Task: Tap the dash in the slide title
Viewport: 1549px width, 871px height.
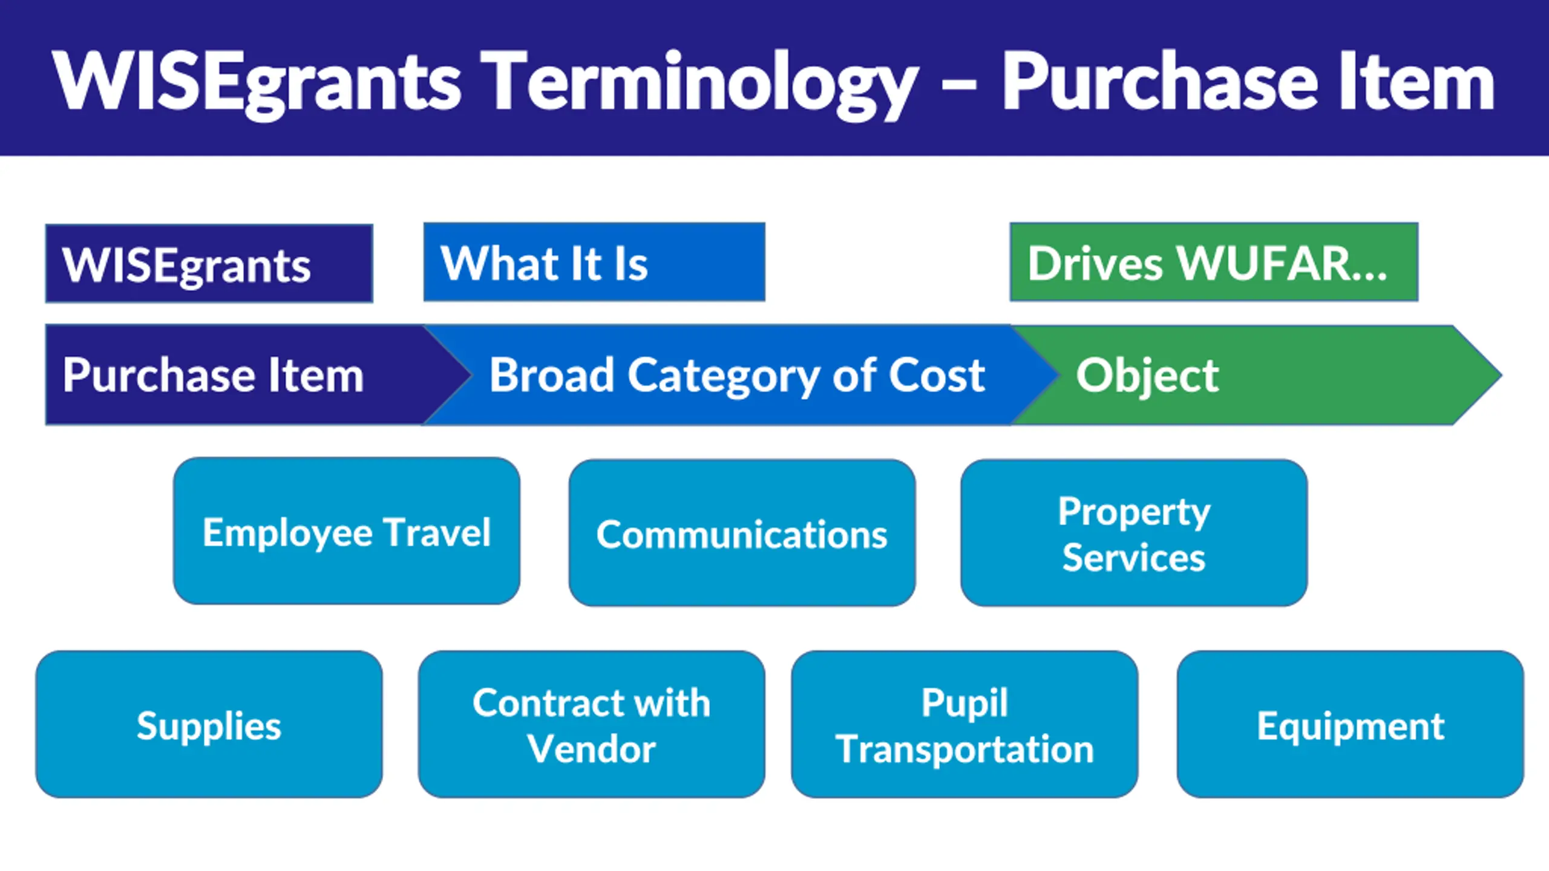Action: click(959, 85)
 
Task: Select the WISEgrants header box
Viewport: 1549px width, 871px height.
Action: click(209, 264)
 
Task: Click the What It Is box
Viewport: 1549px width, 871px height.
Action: click(594, 263)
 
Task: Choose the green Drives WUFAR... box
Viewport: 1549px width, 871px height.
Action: click(1214, 263)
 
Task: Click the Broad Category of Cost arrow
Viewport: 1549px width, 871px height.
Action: click(737, 375)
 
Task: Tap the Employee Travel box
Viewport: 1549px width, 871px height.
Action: click(347, 531)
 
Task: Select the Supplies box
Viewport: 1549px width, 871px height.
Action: click(209, 725)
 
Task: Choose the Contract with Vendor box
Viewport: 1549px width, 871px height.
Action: click(591, 725)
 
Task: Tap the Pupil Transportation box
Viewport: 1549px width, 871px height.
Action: click(964, 725)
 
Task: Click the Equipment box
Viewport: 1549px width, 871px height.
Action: click(1350, 725)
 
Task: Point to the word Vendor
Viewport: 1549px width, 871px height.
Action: click(591, 749)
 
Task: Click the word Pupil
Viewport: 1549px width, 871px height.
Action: click(964, 703)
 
